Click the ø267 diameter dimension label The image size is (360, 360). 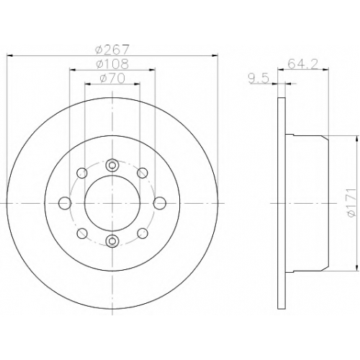(x=112, y=49)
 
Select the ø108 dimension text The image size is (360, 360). (x=112, y=63)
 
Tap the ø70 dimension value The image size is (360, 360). (x=112, y=78)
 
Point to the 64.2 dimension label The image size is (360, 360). (x=302, y=64)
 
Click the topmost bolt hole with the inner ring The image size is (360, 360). (x=112, y=165)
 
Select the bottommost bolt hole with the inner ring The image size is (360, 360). (x=112, y=241)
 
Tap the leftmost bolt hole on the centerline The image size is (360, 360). (x=65, y=203)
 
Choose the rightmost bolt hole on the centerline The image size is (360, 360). (x=160, y=203)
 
